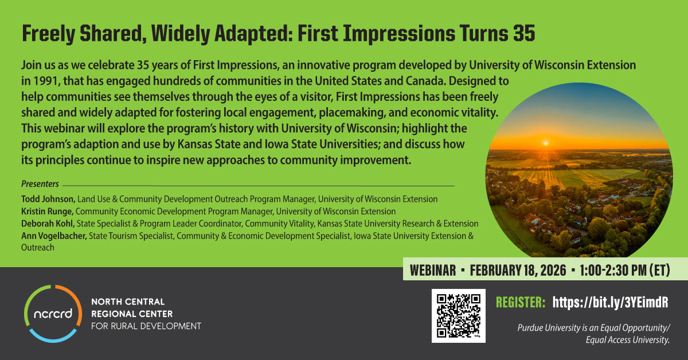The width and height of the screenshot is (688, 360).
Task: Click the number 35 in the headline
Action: (x=524, y=33)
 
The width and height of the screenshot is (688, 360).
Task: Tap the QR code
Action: (x=459, y=316)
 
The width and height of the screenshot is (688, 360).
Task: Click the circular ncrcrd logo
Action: (x=53, y=314)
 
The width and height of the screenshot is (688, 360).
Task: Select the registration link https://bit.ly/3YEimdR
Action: (x=610, y=302)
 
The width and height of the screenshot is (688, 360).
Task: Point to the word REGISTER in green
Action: (x=521, y=302)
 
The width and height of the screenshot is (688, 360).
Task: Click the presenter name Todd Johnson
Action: (x=48, y=199)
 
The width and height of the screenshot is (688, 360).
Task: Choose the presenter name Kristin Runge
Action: (x=47, y=212)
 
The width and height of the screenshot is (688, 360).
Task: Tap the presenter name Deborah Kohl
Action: (x=48, y=224)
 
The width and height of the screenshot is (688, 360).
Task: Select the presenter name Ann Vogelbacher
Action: (x=54, y=236)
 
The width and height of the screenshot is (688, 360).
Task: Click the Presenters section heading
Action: (x=40, y=183)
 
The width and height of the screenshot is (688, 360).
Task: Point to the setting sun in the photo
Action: (x=546, y=143)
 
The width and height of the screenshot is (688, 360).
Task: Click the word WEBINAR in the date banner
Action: (x=433, y=271)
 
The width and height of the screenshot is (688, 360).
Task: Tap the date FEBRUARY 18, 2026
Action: (x=518, y=271)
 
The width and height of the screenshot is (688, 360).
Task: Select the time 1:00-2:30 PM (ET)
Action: (x=625, y=271)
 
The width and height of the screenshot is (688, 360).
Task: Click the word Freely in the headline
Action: (x=49, y=34)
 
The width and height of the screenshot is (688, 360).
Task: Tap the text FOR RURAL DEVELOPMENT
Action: (x=146, y=326)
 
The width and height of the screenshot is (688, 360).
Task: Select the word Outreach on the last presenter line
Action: (x=38, y=248)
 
